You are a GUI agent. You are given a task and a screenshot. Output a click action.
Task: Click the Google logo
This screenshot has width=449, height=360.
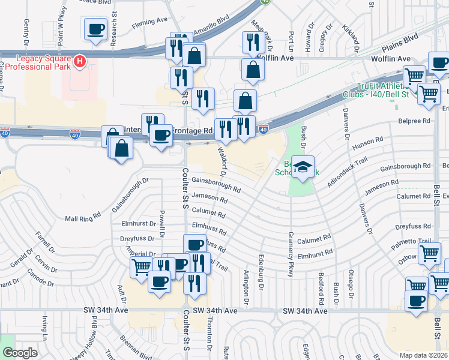tap(20, 353)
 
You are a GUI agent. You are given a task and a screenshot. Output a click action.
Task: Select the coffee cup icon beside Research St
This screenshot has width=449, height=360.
tap(96, 31)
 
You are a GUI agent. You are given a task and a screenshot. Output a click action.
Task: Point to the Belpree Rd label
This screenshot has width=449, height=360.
tap(414, 121)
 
